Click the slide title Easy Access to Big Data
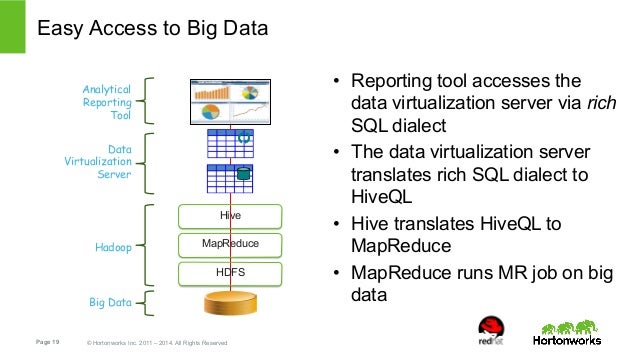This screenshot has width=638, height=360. point(153,30)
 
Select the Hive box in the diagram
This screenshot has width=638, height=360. point(230,215)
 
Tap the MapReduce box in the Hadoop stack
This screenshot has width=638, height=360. point(230,243)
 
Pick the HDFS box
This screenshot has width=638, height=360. point(230,271)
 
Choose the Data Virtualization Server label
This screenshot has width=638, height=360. point(106,161)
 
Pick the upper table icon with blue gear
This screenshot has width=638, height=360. point(230,144)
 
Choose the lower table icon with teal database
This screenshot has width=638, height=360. point(230,178)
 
